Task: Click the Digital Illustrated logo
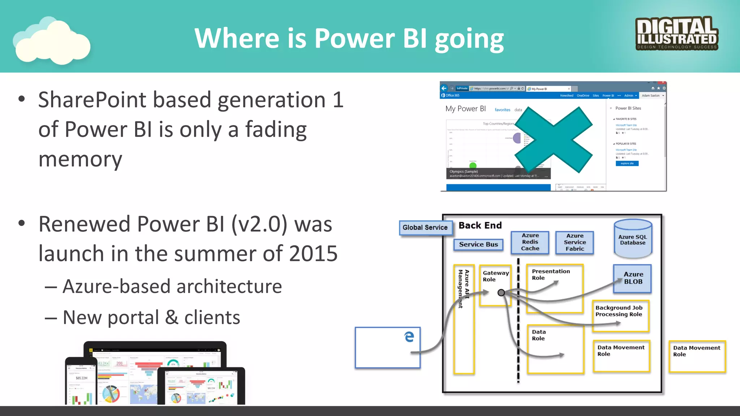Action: tap(677, 33)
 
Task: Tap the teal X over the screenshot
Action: tap(553, 139)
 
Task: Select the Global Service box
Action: tap(425, 227)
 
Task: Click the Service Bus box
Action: tap(478, 244)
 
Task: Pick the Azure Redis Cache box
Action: tap(530, 242)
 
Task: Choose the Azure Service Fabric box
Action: tap(575, 242)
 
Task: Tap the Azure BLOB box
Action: tap(633, 278)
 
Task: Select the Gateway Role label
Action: tap(495, 276)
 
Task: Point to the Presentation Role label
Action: tap(551, 274)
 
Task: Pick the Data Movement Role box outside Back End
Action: tap(697, 356)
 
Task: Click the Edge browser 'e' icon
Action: tap(409, 337)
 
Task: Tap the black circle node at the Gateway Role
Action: tap(501, 292)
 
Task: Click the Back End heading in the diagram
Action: tap(480, 225)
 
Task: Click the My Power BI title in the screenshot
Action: tap(465, 109)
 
